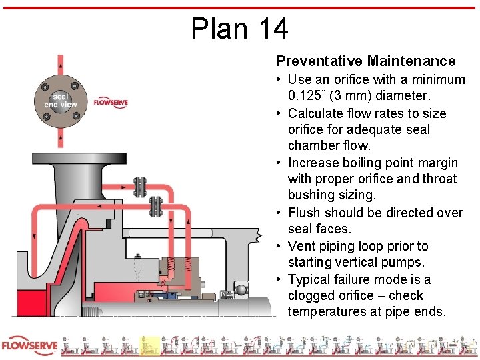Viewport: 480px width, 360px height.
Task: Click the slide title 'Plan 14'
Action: coord(239,28)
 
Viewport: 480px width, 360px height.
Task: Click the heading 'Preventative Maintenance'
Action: coord(366,61)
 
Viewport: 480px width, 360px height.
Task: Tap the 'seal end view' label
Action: coord(61,101)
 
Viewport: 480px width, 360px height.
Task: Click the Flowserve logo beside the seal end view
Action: coord(110,103)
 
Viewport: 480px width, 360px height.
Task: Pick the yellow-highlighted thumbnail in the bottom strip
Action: coord(150,346)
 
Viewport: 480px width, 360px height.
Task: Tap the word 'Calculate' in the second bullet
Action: coord(317,113)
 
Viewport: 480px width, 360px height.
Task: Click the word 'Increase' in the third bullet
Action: coord(315,163)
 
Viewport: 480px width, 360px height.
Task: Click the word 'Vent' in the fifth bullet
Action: coord(302,246)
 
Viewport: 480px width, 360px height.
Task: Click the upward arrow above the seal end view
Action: coord(61,63)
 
